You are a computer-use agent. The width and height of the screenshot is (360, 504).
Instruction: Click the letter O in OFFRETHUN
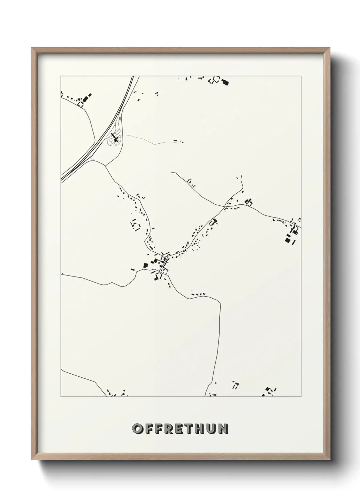point(138,429)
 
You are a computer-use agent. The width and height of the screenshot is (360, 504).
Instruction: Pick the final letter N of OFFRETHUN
point(223,429)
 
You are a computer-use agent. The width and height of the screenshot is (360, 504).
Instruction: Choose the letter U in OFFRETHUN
point(211,429)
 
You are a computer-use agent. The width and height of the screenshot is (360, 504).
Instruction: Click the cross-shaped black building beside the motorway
point(115,139)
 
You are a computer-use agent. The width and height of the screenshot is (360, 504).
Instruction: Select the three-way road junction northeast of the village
point(225,206)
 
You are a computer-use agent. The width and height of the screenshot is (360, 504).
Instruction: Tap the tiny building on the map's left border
point(63,273)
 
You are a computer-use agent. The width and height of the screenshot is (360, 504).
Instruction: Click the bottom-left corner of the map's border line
point(61,396)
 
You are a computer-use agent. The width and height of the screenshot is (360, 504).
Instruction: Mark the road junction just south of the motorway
point(105,166)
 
